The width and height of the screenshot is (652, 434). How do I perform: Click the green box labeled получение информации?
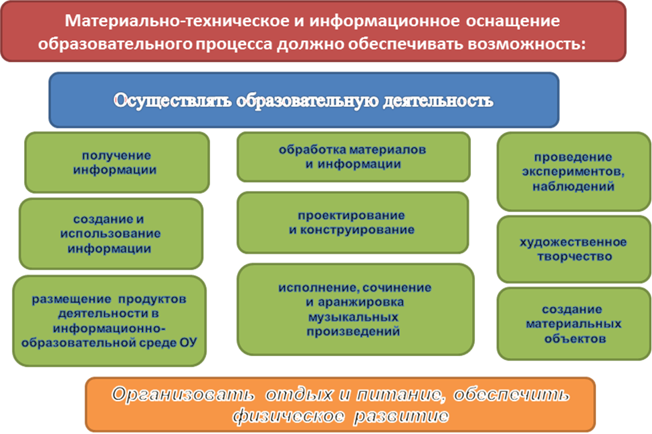[117, 162]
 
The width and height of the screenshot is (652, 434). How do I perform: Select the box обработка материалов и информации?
[354, 157]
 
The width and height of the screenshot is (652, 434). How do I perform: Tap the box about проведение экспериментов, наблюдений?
[574, 172]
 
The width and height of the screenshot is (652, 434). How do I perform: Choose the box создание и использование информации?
[111, 234]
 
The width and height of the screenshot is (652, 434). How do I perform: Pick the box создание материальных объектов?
[574, 324]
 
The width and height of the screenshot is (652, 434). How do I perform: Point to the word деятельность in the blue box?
[438, 101]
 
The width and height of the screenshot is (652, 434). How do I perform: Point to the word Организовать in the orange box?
[183, 395]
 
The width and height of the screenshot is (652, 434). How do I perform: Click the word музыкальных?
[353, 317]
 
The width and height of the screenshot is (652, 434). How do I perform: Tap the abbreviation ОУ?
[189, 343]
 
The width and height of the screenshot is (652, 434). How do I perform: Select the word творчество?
[574, 256]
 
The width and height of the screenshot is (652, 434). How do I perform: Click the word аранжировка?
[360, 302]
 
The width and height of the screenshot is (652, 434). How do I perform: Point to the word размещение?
[71, 299]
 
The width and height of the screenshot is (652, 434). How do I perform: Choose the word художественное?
[573, 242]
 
